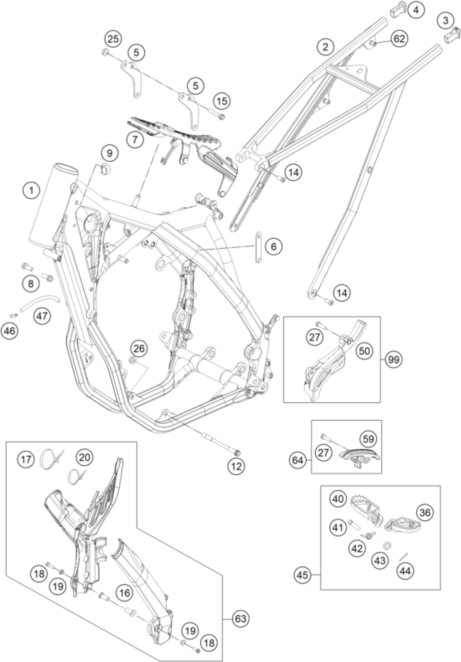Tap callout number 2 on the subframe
click(325, 47)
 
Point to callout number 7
click(134, 140)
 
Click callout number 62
click(399, 39)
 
